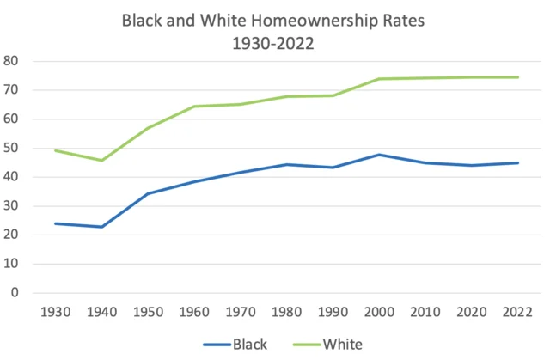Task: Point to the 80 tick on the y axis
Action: click(x=11, y=61)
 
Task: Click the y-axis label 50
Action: click(x=11, y=148)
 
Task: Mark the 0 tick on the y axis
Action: click(x=15, y=293)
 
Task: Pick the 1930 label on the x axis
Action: click(x=55, y=311)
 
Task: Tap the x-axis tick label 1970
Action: click(x=241, y=311)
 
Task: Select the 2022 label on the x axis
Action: click(x=516, y=311)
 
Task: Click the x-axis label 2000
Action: click(x=381, y=311)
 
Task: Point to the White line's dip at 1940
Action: click(x=101, y=161)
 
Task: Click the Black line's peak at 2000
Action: click(x=381, y=155)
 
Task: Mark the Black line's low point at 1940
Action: click(x=101, y=227)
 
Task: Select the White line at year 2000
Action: click(x=381, y=79)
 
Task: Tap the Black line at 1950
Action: click(x=148, y=193)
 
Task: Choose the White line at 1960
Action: click(x=194, y=107)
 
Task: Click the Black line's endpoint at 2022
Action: click(x=516, y=162)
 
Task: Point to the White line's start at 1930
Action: click(x=55, y=150)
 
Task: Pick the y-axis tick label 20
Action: click(x=11, y=235)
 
